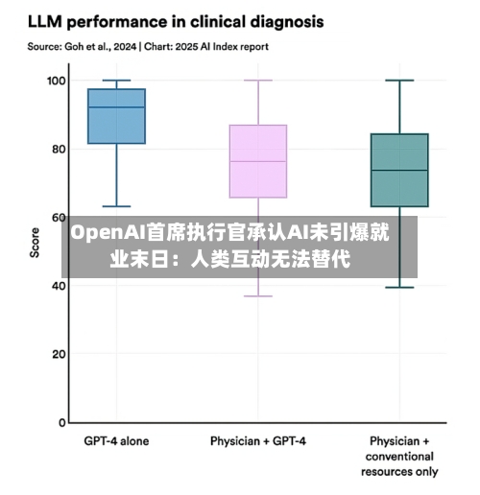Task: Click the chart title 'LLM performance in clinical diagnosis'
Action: point(176,23)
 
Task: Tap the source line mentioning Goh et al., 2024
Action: point(148,47)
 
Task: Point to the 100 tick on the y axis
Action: point(57,81)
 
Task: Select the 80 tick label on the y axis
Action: point(59,149)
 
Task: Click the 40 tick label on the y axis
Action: point(59,286)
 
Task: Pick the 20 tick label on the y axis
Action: point(59,354)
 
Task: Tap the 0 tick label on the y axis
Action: point(62,423)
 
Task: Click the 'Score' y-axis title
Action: point(35,243)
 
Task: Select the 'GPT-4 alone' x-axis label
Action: point(116,441)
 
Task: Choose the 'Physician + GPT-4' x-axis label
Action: point(258,441)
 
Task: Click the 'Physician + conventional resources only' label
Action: point(399,457)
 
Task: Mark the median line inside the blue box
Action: point(116,107)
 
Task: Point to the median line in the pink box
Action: point(258,161)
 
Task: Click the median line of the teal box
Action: point(399,170)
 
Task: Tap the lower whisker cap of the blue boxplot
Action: point(116,206)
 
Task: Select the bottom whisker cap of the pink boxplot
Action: point(258,296)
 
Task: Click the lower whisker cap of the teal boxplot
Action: point(399,288)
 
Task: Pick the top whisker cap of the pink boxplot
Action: point(258,81)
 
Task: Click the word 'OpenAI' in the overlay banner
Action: point(108,233)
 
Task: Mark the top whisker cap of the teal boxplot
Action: point(399,81)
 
